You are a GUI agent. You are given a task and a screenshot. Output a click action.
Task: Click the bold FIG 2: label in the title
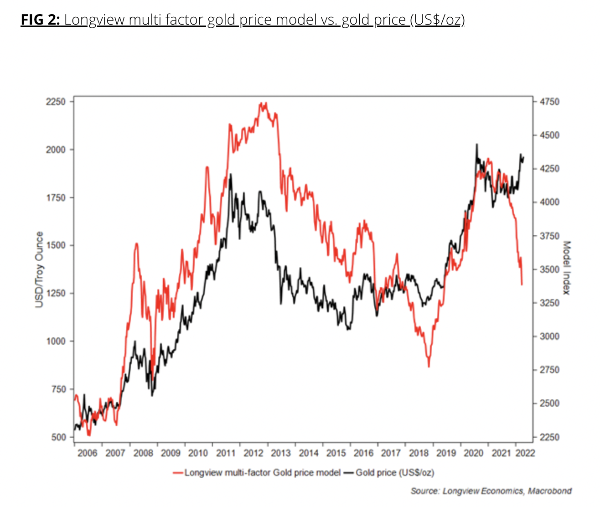[x=40, y=20]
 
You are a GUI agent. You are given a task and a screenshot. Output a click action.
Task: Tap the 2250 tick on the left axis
[x=56, y=101]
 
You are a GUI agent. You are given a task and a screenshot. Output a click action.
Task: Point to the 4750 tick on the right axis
[x=549, y=102]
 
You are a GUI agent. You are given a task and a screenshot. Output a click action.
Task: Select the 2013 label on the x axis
[x=281, y=453]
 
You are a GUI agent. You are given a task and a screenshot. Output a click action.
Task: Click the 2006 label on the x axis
[x=88, y=453]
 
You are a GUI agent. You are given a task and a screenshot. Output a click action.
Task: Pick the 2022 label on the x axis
[x=525, y=453]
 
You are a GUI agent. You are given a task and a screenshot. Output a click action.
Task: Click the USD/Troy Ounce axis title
[x=39, y=269]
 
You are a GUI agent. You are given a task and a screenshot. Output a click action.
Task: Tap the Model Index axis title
[x=567, y=268]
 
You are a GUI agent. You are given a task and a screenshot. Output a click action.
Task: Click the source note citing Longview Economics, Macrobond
[x=491, y=491]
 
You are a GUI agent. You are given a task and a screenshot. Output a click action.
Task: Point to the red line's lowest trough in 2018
[x=429, y=366]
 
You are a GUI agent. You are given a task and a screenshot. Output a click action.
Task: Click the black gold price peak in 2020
[x=476, y=145]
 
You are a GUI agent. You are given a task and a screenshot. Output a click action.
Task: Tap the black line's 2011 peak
[x=231, y=175]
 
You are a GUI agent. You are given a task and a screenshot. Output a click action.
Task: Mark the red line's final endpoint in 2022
[x=522, y=285]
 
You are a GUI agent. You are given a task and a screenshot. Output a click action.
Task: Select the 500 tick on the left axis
[x=58, y=437]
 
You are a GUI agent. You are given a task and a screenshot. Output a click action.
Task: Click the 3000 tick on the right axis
[x=549, y=336]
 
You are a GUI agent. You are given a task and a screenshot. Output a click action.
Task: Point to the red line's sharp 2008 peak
[x=136, y=244]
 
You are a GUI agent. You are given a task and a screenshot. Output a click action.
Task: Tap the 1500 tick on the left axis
[x=56, y=245]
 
